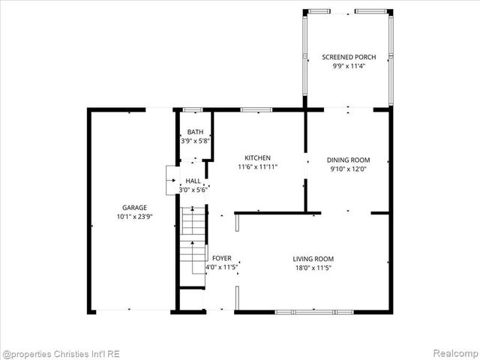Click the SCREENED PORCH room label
pyautogui.click(x=348, y=57)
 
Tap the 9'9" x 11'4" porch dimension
pyautogui.click(x=348, y=66)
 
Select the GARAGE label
pyautogui.click(x=135, y=208)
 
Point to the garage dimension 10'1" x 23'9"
pyautogui.click(x=135, y=216)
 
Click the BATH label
pyautogui.click(x=195, y=132)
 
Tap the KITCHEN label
pyautogui.click(x=257, y=157)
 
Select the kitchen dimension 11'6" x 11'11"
pyautogui.click(x=257, y=166)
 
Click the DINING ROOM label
pyautogui.click(x=349, y=160)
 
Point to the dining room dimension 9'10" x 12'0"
pyautogui.click(x=349, y=169)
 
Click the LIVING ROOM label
pyautogui.click(x=313, y=259)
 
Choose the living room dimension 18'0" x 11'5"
pyautogui.click(x=313, y=268)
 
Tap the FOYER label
pyautogui.click(x=222, y=258)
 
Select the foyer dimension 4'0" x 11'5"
pyautogui.click(x=222, y=267)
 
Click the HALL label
pyautogui.click(x=193, y=181)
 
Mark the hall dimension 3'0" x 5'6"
pyautogui.click(x=193, y=190)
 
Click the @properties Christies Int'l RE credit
pyautogui.click(x=61, y=353)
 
